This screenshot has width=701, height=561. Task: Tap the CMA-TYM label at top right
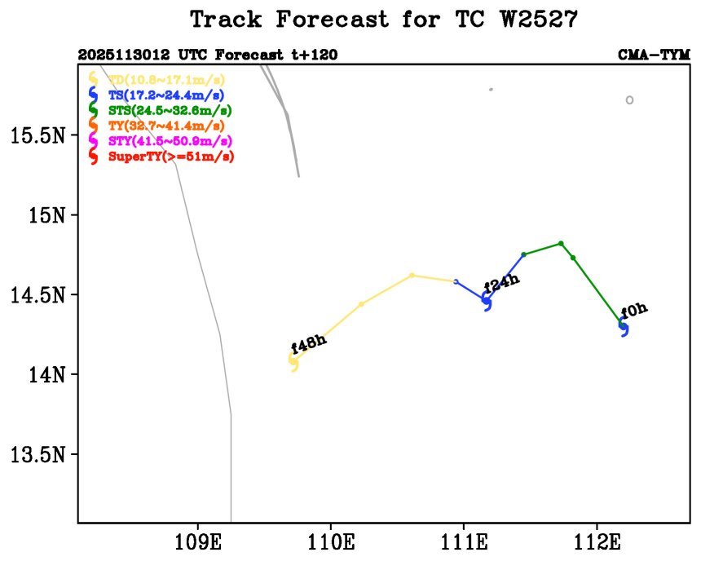649,55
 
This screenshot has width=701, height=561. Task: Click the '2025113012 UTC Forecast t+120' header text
208,55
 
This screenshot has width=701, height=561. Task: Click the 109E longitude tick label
198,540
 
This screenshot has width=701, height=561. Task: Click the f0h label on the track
634,311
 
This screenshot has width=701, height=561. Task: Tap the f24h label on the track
501,285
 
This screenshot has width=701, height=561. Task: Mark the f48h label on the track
308,344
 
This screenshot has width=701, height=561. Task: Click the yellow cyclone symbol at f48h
293,362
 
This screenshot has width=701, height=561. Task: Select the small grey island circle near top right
629,100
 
